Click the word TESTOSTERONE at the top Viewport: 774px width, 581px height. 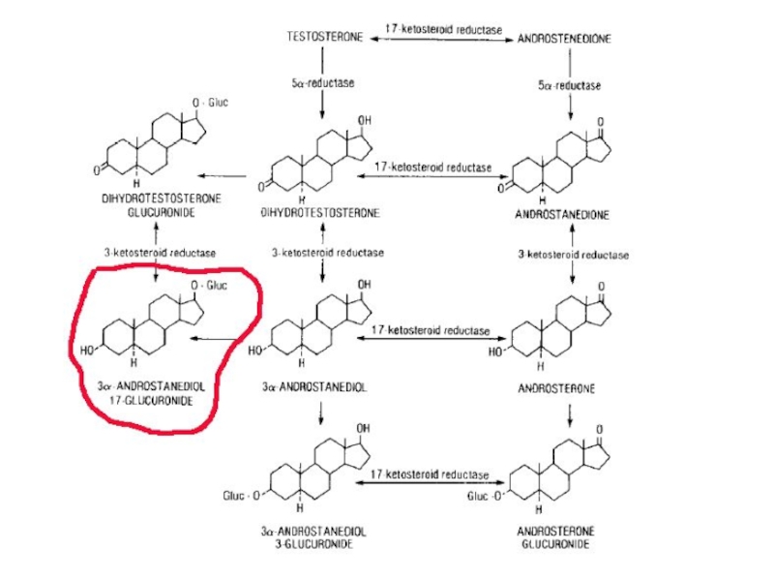325,38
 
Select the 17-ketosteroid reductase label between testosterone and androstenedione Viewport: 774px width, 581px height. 443,30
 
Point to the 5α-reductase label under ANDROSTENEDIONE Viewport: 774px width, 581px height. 569,85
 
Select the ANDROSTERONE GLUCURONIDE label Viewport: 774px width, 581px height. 569,538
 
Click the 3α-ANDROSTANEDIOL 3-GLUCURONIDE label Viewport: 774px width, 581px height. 319,538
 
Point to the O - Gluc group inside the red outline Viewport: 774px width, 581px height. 210,285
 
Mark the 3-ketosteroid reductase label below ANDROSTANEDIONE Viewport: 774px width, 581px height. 573,255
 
